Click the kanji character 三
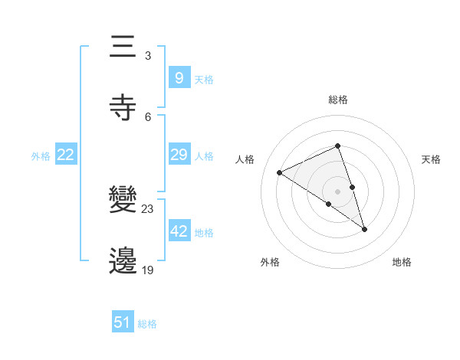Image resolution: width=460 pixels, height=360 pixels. [124, 47]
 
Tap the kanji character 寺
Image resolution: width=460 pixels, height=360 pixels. [124, 107]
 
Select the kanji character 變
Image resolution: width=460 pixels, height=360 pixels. [124, 201]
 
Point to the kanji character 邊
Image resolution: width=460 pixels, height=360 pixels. [124, 261]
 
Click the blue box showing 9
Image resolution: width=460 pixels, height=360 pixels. [179, 77]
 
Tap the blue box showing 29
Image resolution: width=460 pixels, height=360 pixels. [179, 155]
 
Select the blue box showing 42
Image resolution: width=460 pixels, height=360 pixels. [179, 231]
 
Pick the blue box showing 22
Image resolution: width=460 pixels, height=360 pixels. [66, 155]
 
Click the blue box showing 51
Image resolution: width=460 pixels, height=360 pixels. [123, 322]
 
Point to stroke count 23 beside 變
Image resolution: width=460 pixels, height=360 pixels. [148, 209]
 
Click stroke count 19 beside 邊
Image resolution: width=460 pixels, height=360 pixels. [148, 270]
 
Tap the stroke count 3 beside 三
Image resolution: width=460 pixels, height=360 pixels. [148, 56]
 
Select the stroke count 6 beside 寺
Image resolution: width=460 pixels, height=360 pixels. [148, 116]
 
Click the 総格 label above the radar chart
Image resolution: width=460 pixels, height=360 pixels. [338, 100]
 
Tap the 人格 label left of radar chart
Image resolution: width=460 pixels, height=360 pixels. [245, 159]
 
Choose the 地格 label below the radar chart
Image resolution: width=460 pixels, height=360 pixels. [402, 263]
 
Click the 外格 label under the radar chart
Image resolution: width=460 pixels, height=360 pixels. [270, 263]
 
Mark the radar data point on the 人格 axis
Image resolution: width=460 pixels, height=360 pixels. [280, 172]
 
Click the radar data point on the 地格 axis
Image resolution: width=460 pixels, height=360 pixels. [365, 229]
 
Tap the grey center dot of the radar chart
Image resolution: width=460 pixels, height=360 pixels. [337, 191]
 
